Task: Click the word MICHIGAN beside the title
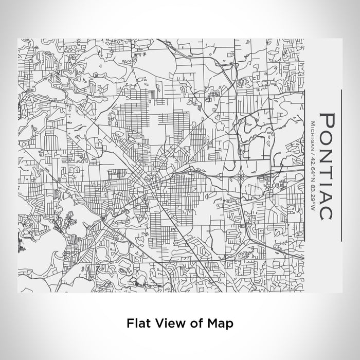click(x=313, y=133)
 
